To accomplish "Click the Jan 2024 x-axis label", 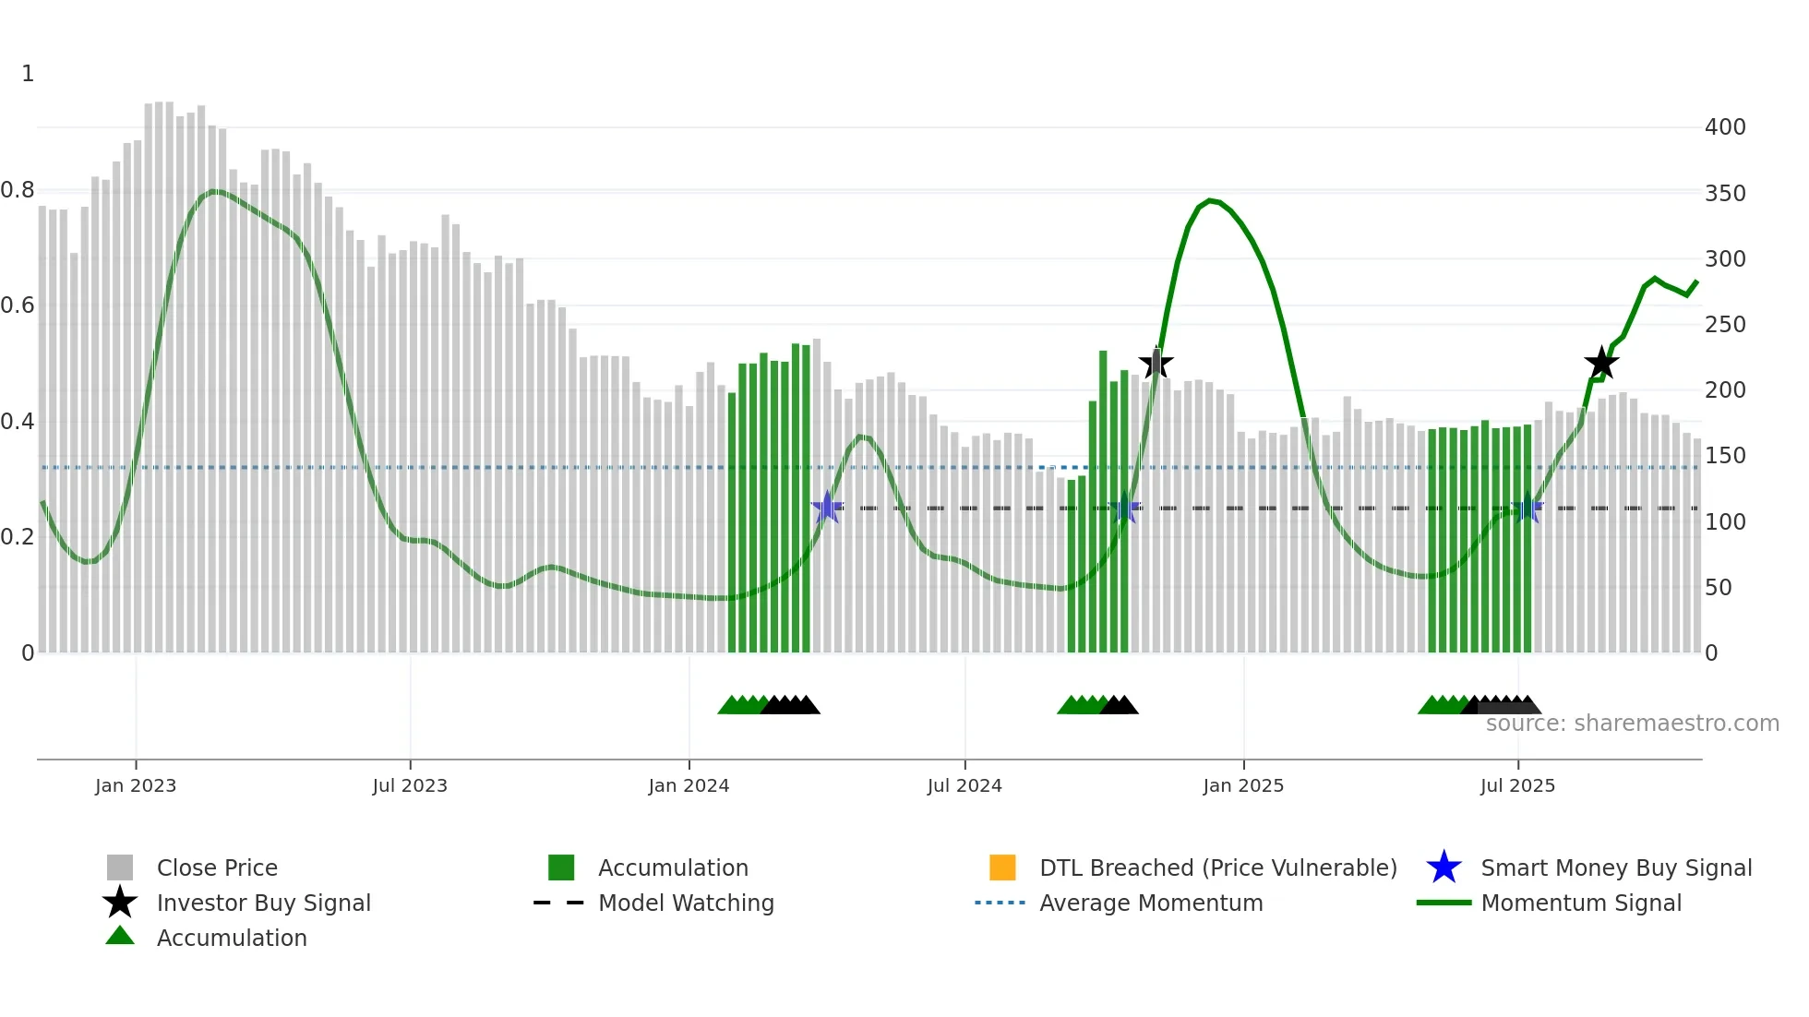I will [x=689, y=785].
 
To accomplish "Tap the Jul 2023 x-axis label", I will [x=410, y=785].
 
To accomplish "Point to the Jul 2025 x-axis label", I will [x=1517, y=785].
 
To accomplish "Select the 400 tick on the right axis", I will [x=1724, y=127].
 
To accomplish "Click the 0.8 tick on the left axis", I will [x=18, y=190].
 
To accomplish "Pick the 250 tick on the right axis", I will [x=1724, y=325].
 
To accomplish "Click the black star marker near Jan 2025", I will [x=1156, y=364].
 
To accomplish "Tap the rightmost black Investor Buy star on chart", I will [x=1601, y=363].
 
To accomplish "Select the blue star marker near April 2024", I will [x=827, y=508].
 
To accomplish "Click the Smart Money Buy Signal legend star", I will [x=1444, y=867].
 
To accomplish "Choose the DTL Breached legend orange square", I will [x=1002, y=867].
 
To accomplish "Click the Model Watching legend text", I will [x=686, y=903].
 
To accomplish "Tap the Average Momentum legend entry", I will [x=1150, y=903].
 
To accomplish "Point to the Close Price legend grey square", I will [x=120, y=867].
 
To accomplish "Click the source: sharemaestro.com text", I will [x=1632, y=724].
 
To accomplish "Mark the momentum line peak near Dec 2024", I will [x=1211, y=200].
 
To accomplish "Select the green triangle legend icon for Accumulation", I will [x=120, y=936].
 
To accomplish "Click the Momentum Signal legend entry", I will [x=1580, y=903].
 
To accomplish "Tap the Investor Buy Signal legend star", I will [x=120, y=903].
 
